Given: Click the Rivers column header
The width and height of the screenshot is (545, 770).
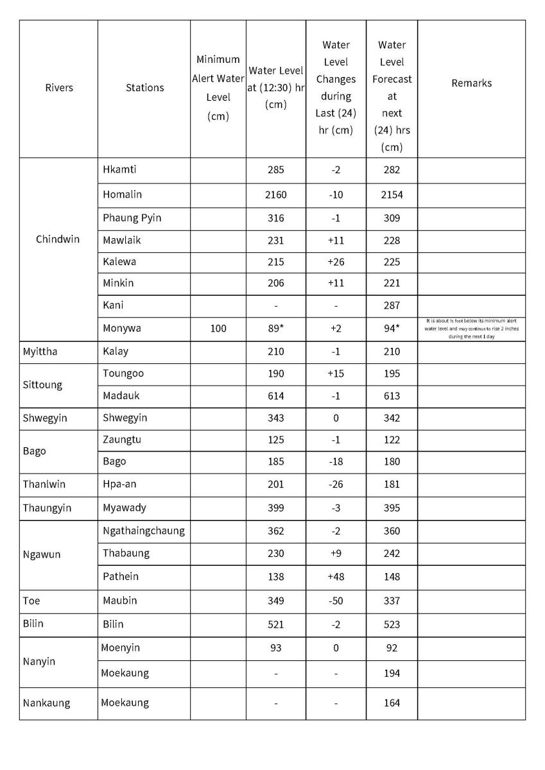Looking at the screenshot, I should [x=59, y=88].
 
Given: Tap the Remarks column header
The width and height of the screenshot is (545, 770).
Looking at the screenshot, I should [x=471, y=83].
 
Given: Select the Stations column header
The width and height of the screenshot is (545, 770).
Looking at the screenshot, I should [x=144, y=88].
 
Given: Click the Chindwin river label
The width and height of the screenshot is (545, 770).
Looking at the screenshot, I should [x=58, y=239].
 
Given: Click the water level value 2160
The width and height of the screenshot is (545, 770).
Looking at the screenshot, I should [x=275, y=194].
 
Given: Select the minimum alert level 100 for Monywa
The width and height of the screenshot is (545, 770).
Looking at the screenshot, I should [x=218, y=329].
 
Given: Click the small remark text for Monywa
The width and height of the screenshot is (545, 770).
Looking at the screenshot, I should [x=471, y=328].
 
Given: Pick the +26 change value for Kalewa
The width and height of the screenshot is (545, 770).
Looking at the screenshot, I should [x=336, y=262].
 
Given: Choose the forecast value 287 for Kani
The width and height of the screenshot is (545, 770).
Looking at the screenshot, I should [x=392, y=305].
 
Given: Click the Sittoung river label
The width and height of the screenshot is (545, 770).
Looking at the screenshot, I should [x=42, y=384].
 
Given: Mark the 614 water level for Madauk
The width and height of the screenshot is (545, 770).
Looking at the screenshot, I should [x=275, y=396].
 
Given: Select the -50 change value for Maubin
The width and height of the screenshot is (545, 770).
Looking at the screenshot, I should [x=336, y=601].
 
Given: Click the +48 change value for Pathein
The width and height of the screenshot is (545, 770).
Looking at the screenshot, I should [x=336, y=576].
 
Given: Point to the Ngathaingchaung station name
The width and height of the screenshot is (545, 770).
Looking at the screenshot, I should [x=143, y=531].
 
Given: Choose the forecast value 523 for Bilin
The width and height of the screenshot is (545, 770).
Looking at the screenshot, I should [x=392, y=624].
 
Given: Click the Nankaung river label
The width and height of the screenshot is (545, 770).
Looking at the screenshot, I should [x=46, y=703].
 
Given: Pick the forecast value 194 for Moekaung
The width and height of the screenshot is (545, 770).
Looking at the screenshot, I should [x=392, y=673].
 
